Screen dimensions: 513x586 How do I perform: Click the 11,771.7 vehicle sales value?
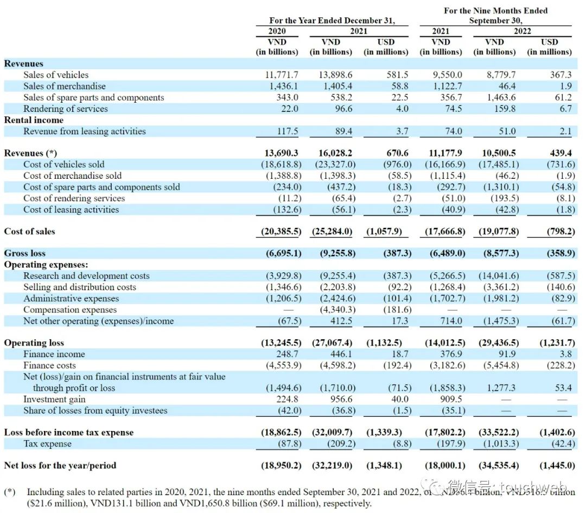(x=281, y=75)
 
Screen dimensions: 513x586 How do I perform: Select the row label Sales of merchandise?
(x=65, y=86)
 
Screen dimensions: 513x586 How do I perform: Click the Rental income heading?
(x=34, y=120)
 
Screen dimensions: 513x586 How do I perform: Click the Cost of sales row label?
(x=30, y=232)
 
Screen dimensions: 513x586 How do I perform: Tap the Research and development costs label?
(x=86, y=276)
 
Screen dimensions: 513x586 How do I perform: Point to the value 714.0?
(x=451, y=321)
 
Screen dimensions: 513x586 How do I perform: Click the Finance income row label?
(x=54, y=354)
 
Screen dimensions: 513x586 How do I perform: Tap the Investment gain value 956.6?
(x=341, y=399)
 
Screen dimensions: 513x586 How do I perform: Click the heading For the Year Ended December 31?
(x=332, y=21)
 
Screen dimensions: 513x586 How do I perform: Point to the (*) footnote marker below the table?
(x=10, y=492)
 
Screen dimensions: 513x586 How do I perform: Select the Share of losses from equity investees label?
(x=95, y=411)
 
